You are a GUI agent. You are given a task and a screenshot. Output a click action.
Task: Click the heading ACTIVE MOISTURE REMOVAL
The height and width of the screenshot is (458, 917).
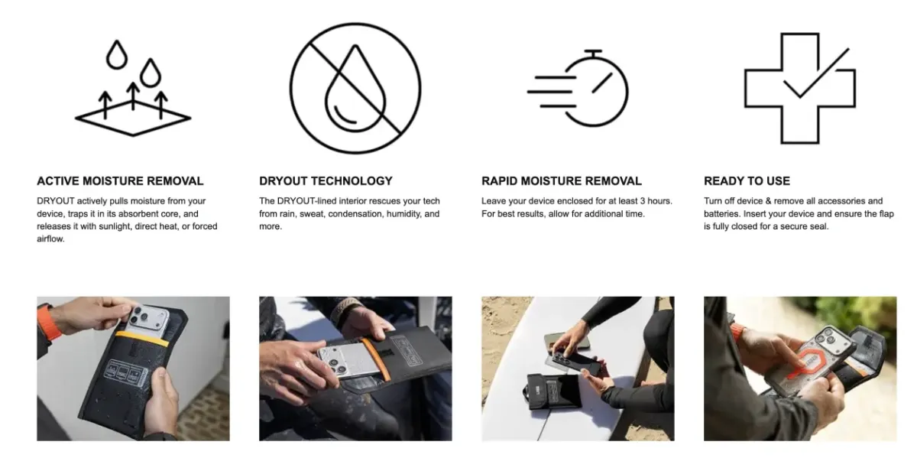[x=120, y=181]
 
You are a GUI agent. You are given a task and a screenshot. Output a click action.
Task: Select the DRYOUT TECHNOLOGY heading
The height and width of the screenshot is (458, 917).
[x=326, y=181]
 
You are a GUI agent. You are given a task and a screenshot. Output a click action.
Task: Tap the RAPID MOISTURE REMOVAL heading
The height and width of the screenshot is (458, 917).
[x=562, y=181]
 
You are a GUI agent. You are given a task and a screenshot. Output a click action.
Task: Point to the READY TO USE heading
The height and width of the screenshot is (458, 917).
[x=747, y=181]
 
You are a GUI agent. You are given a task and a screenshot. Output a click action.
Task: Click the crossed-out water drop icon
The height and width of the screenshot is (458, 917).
[x=355, y=88]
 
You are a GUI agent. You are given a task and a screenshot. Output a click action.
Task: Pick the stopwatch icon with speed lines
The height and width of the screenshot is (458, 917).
[x=578, y=88]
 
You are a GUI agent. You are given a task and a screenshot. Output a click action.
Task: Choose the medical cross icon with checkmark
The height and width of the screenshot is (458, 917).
[x=799, y=88]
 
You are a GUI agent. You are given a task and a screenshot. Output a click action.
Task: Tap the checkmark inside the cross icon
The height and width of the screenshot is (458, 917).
[x=816, y=73]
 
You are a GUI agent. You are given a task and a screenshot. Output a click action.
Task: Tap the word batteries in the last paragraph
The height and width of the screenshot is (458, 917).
[x=721, y=214]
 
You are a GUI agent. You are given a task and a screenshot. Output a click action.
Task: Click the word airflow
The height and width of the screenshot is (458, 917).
[x=50, y=239]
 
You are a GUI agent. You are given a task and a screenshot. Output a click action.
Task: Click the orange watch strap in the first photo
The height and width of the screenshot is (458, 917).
[x=48, y=323]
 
